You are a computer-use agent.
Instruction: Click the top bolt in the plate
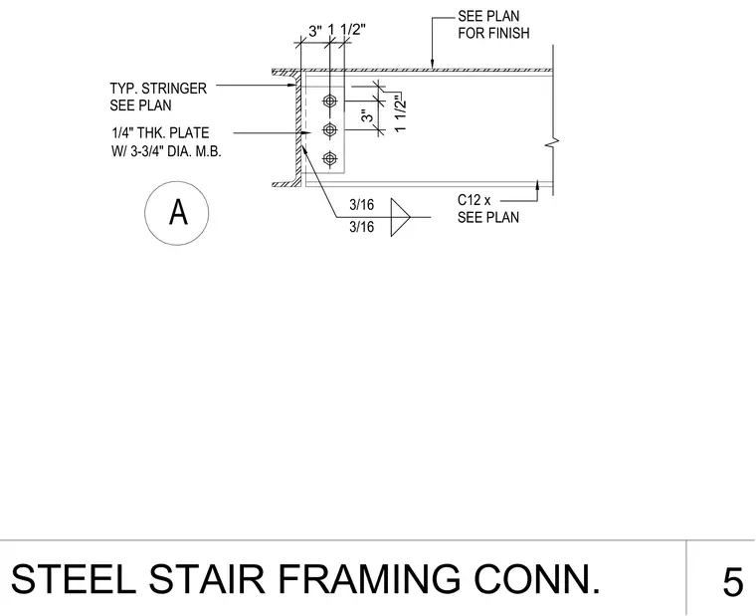coord(330,102)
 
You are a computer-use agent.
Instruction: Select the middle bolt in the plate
coord(330,129)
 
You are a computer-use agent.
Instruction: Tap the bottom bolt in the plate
coord(330,158)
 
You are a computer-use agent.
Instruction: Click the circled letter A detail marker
coord(177,213)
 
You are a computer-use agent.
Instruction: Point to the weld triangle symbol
coord(400,217)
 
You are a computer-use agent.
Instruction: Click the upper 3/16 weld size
coord(362,205)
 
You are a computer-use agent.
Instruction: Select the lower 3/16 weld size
coord(362,227)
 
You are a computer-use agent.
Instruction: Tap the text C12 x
coord(473,200)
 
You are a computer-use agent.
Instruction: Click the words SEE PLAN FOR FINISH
coord(493,25)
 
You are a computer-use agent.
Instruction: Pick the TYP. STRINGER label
coord(158,89)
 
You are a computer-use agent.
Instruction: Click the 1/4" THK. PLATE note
coord(160,132)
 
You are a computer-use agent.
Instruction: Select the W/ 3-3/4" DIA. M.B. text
coord(166,151)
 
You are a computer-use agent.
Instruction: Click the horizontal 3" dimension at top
coord(315,32)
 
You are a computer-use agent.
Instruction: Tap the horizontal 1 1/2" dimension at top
coord(346,30)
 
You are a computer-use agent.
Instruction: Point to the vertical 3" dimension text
coord(368,115)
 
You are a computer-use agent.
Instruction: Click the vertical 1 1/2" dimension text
coord(400,113)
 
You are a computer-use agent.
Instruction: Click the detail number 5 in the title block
coord(733,583)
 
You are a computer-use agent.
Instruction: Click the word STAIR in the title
coord(207,579)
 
